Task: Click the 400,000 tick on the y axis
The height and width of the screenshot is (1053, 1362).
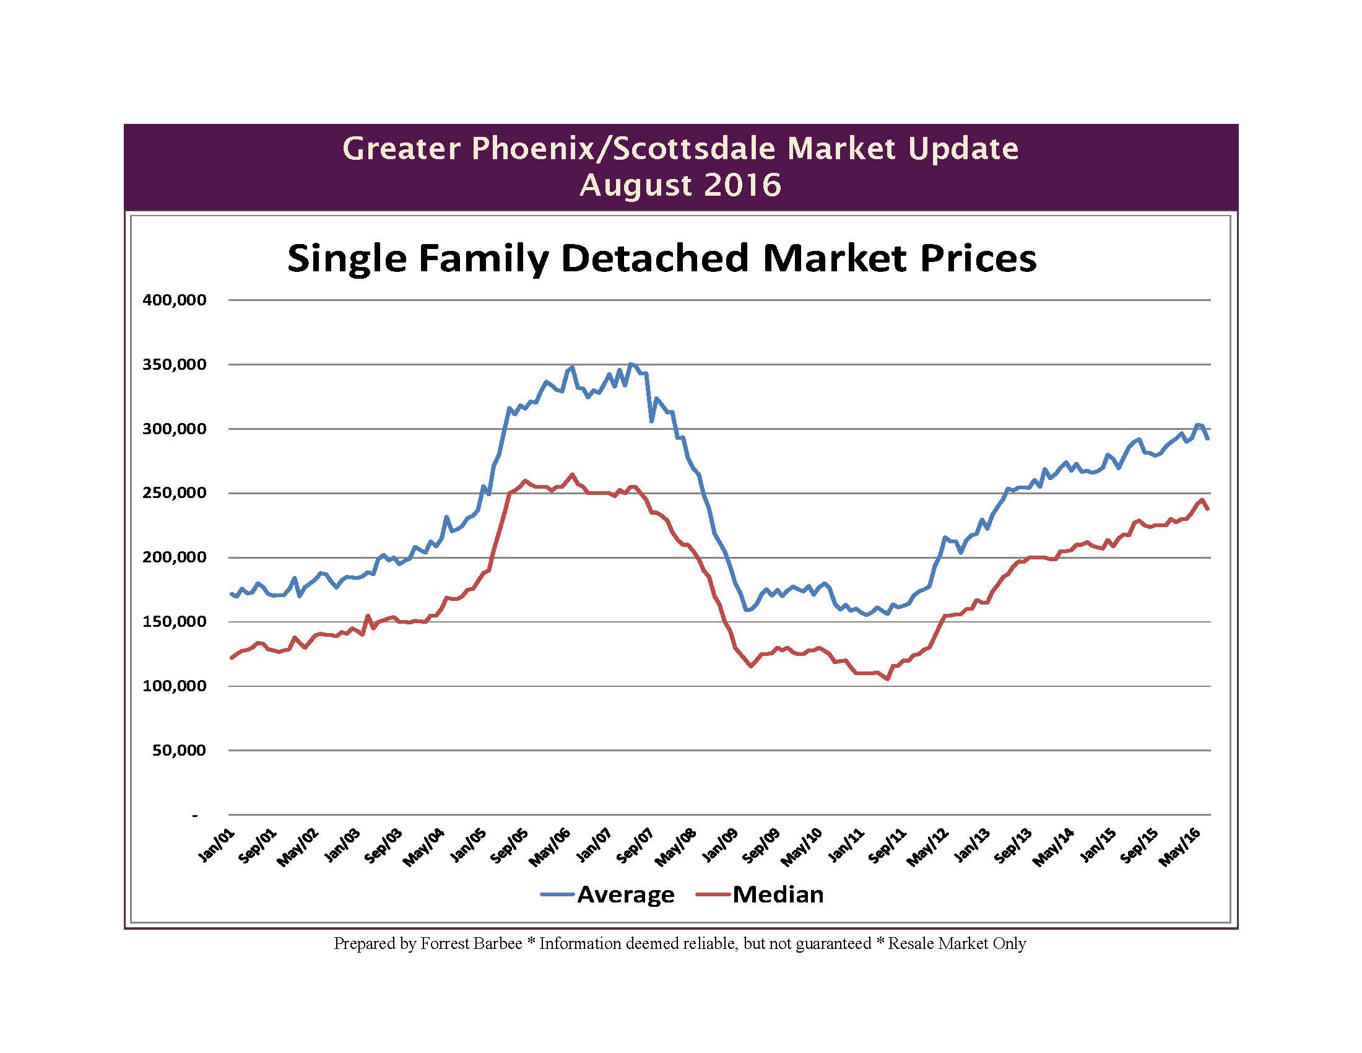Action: coord(174,300)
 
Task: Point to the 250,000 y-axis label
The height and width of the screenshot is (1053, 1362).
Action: coord(174,493)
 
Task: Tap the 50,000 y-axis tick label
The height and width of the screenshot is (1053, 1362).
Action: coord(179,751)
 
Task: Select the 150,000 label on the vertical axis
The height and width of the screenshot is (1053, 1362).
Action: coord(174,622)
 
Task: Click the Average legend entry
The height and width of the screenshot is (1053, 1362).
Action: coord(625,894)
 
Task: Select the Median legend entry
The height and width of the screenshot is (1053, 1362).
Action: coord(778,894)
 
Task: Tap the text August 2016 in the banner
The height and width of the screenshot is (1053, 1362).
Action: coord(680,185)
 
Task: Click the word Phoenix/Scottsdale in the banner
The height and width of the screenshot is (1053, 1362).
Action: coord(622,149)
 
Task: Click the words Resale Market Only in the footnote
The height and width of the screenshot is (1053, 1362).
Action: coord(956,943)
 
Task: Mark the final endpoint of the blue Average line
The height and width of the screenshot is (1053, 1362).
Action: coord(1208,439)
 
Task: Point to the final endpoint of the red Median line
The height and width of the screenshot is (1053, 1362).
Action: coord(1208,509)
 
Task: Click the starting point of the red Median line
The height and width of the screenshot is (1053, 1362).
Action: coord(232,657)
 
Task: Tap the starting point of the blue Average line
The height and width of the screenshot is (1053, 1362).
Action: coord(232,593)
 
